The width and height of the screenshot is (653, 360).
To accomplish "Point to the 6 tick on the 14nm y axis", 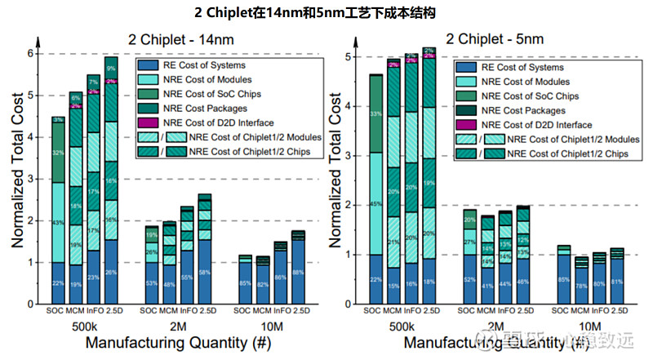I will pyautogui.click(x=32, y=54).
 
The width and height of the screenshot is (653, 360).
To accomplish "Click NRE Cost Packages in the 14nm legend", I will pyautogui.click(x=207, y=108).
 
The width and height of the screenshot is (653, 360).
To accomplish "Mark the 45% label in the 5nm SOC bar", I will pyautogui.click(x=376, y=203).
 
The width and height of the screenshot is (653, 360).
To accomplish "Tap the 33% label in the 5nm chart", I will pyautogui.click(x=376, y=113).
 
